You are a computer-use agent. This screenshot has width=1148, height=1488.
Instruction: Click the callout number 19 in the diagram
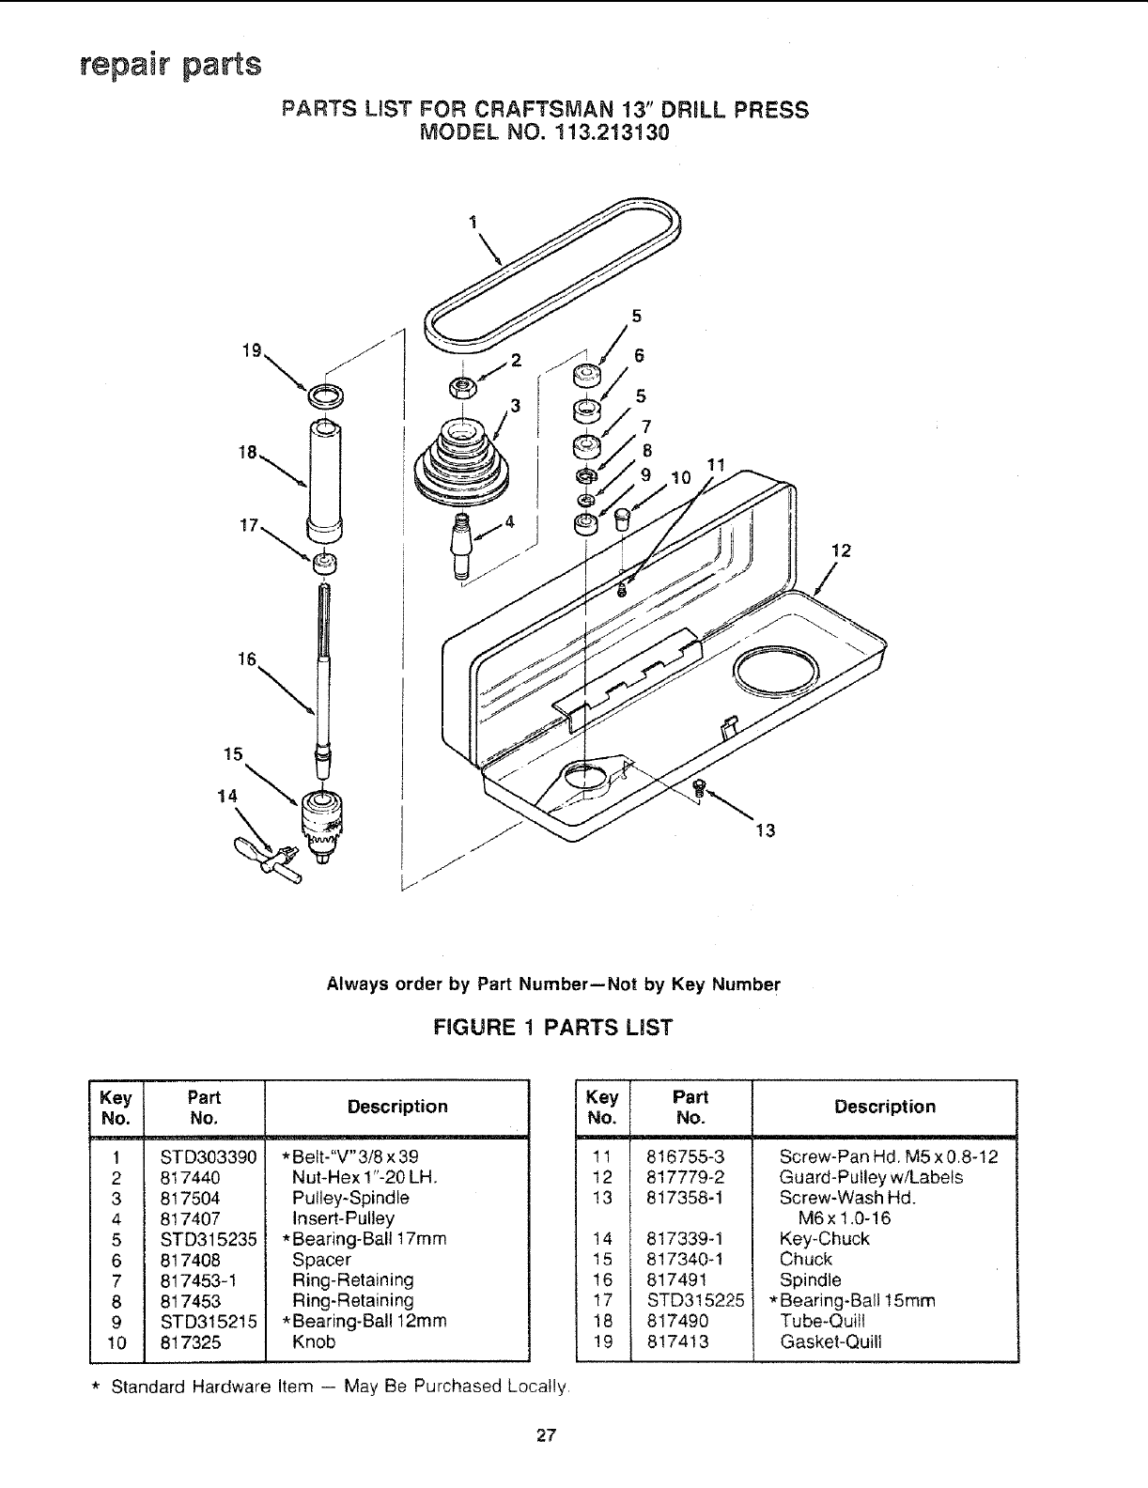251,352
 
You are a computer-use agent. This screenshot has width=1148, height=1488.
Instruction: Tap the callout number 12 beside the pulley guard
842,551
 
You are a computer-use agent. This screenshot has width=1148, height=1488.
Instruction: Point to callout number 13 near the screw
766,830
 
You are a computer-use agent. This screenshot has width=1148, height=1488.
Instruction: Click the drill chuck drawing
321,820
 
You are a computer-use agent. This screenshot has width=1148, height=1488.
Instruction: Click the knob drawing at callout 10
621,518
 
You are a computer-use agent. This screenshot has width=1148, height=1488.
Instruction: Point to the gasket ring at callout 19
325,395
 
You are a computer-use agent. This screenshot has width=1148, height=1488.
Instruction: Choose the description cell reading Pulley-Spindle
350,1199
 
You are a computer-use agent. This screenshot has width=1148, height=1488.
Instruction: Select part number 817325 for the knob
191,1341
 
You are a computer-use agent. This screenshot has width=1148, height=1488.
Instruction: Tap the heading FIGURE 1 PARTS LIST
552,1028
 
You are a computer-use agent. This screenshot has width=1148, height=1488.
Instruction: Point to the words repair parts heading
170,67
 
